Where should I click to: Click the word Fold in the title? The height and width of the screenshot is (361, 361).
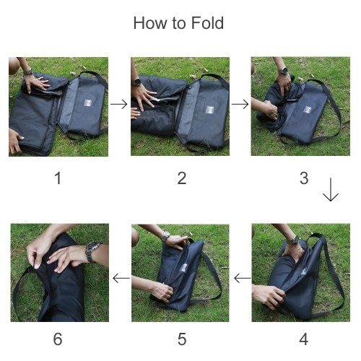[207, 23]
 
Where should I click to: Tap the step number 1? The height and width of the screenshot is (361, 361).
[58, 178]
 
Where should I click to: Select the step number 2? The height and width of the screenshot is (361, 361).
[182, 178]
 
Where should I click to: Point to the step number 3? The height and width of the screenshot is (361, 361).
[304, 178]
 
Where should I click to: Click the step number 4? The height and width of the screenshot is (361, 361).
[304, 339]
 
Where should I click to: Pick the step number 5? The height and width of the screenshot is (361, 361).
[182, 339]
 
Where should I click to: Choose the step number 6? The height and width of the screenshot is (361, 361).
[58, 339]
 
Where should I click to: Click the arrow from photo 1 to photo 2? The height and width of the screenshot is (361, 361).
[119, 104]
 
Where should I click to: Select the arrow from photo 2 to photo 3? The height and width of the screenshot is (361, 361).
[240, 104]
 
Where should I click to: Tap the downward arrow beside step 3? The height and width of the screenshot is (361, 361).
[331, 190]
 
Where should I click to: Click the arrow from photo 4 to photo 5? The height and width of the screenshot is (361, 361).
[243, 279]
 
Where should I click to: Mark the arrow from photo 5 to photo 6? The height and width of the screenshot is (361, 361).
[121, 279]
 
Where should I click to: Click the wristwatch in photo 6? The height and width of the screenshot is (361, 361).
[92, 251]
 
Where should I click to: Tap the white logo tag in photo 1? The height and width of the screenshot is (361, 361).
[88, 103]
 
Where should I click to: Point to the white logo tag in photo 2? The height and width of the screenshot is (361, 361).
[210, 110]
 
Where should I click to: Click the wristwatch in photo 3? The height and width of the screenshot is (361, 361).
[283, 71]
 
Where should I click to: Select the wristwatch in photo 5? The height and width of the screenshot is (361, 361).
[166, 236]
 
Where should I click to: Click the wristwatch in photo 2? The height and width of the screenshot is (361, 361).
[137, 82]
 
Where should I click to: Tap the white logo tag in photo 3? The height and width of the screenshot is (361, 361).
[308, 110]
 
